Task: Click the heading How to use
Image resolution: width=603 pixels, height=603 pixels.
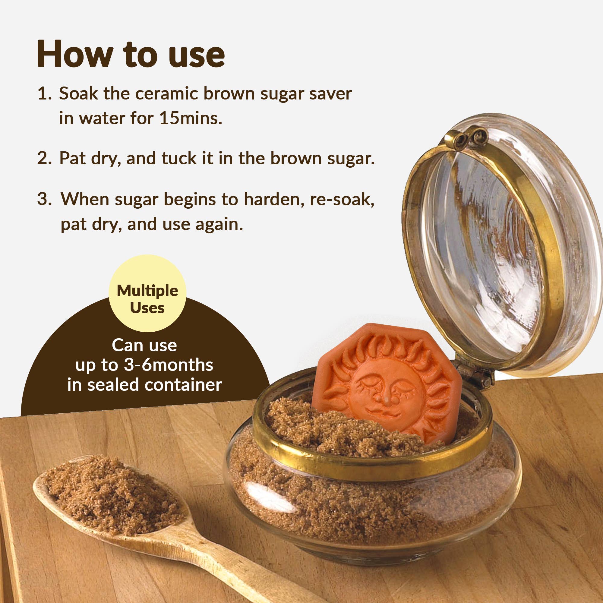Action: coord(131,54)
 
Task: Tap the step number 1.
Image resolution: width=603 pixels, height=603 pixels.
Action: coord(44,94)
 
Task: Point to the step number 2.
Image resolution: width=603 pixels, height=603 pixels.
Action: coord(44,158)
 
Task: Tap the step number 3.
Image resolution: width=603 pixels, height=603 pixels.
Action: coord(44,199)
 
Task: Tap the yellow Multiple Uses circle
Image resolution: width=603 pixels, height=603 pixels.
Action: coord(147,293)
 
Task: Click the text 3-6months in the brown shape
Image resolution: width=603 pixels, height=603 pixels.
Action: coord(169,365)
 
